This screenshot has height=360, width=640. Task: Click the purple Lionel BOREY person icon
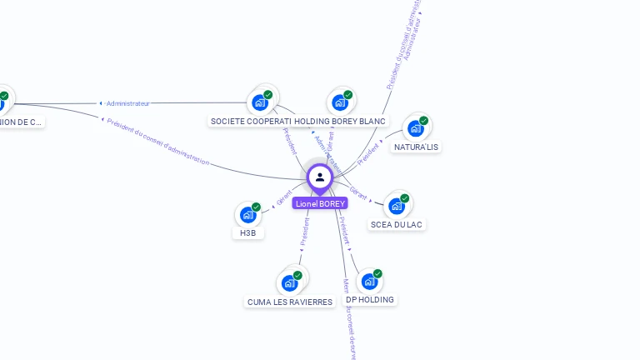pos(319,177)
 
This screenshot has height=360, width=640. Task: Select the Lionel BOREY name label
pos(320,203)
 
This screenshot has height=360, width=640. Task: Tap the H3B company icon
pos(247,215)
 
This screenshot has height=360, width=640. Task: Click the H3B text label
pos(247,233)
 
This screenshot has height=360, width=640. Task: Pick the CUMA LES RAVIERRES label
pos(290,302)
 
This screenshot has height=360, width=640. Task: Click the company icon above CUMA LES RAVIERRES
pos(290,282)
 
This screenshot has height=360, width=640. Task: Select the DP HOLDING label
pos(370,299)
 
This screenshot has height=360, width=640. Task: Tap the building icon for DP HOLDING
pos(368,282)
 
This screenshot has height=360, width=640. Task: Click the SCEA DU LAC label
pos(397,224)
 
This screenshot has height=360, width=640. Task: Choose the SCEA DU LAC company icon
pos(396,206)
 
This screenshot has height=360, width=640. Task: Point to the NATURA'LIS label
pos(417,147)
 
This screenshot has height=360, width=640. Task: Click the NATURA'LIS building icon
pos(415,128)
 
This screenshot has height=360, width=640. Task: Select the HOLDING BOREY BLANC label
pos(341,121)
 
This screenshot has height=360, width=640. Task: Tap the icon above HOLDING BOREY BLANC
pos(340,102)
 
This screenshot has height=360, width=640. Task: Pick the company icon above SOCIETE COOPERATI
pos(260,102)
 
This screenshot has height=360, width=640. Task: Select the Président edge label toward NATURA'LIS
pos(368,154)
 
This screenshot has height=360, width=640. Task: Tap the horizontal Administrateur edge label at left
pos(127,103)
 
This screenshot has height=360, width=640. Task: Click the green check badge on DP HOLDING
pos(377,273)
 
